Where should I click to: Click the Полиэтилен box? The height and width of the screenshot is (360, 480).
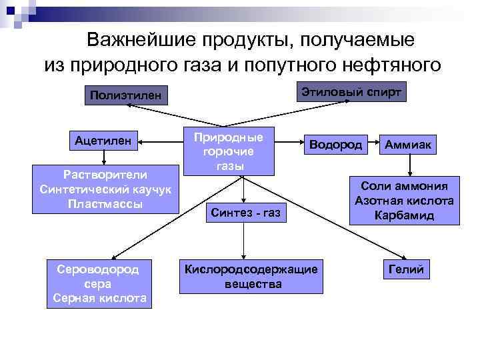pos(125,95)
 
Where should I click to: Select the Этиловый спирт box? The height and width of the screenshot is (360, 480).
pos(351,91)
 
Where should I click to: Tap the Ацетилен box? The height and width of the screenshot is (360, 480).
pos(103,141)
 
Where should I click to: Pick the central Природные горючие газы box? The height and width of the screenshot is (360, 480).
pos(228,151)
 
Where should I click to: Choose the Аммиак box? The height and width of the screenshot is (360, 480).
pos(407,145)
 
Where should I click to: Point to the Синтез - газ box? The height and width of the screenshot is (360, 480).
pos(245,213)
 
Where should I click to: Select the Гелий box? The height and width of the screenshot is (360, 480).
pos(407,268)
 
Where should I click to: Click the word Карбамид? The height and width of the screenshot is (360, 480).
pos(404,215)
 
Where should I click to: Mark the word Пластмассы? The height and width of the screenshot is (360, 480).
pos(104,203)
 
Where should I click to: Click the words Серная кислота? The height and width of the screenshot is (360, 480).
pos(100,298)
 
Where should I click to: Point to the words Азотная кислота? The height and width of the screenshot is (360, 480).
pos(404,201)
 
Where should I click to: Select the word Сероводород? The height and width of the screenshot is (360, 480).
pos(100,269)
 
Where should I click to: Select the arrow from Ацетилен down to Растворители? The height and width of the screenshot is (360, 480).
pos(103,159)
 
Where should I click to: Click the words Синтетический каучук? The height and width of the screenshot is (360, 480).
pos(104,189)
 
